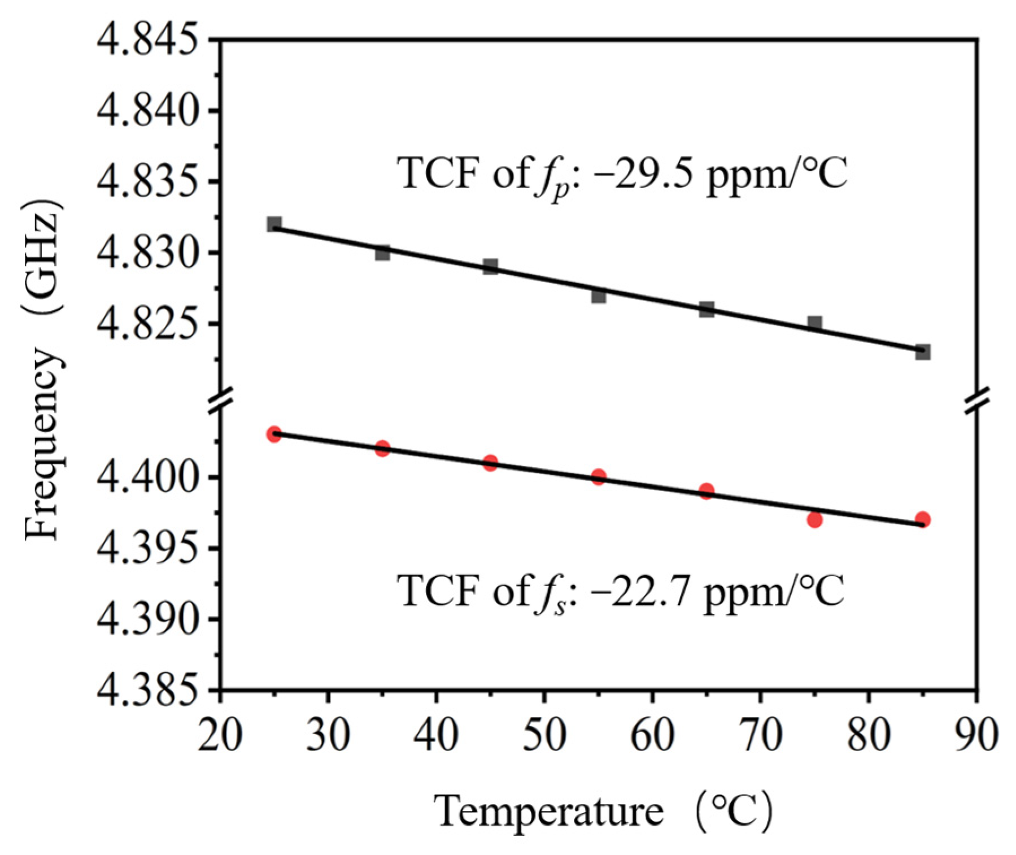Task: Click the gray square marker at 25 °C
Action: tap(274, 224)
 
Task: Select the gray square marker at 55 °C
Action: tap(599, 296)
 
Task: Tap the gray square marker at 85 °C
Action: tap(923, 352)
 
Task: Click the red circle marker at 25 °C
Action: tap(274, 435)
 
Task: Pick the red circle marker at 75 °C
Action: tap(814, 519)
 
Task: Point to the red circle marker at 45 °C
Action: tap(490, 463)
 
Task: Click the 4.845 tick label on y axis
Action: tap(149, 41)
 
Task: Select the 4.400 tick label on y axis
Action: tap(149, 478)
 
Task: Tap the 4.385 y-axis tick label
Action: tap(149, 691)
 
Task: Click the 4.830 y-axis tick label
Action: tap(149, 253)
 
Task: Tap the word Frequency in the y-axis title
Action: tap(42, 444)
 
